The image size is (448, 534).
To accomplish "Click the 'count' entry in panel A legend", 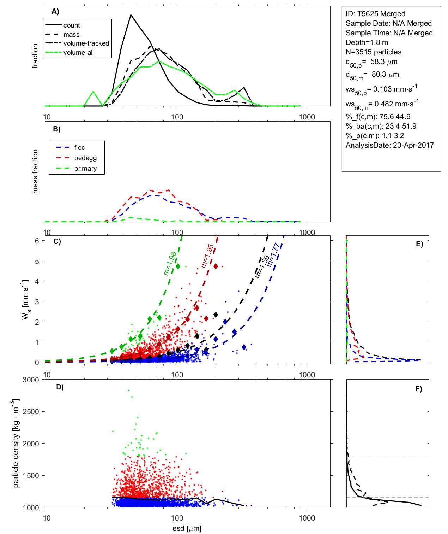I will [x=72, y=25].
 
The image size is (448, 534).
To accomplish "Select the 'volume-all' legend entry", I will [x=79, y=53].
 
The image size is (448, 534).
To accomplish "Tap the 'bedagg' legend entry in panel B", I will [x=85, y=158].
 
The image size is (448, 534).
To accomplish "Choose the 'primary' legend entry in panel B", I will [x=85, y=169].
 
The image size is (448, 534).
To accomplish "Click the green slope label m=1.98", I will [x=170, y=263].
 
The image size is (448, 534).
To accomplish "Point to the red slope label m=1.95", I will [x=207, y=256].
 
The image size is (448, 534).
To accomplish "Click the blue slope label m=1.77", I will [x=273, y=254].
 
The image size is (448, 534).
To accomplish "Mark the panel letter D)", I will [x=60, y=387].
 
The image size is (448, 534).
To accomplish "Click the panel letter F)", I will [x=419, y=389].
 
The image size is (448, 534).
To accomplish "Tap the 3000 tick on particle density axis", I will [x=31, y=380].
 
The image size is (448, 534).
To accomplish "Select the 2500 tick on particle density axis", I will [x=31, y=412].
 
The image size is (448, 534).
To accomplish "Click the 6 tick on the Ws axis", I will [x=37, y=241].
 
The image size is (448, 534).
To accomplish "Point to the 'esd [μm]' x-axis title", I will [x=187, y=529].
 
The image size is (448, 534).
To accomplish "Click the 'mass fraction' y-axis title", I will [x=35, y=171].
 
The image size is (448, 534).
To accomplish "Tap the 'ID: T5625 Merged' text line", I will [x=375, y=14].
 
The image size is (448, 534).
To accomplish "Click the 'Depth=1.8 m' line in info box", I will [x=367, y=42].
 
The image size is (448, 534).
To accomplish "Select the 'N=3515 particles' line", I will [x=374, y=52].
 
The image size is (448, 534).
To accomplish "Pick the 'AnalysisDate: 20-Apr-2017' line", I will [x=390, y=145].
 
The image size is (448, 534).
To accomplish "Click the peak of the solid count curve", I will [x=131, y=15].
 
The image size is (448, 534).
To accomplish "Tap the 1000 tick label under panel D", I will [x=307, y=518].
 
